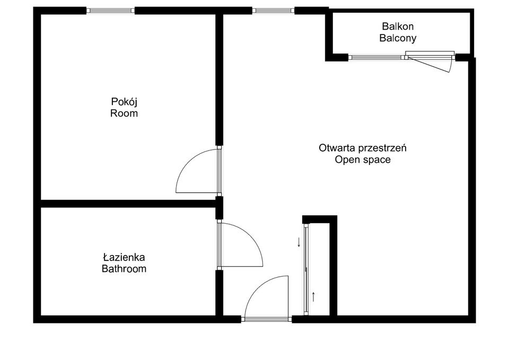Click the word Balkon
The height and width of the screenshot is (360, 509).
[x=398, y=26]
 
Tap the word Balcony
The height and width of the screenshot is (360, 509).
[x=398, y=38]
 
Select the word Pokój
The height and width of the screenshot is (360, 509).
[x=124, y=102]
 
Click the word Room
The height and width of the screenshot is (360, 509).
[x=124, y=113]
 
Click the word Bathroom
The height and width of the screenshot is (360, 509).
[x=124, y=269]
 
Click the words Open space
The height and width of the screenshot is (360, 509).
[x=363, y=160]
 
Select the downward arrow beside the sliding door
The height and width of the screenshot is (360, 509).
[x=299, y=242]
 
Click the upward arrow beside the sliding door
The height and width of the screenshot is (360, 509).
[x=313, y=297]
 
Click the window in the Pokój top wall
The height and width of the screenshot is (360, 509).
[x=111, y=11]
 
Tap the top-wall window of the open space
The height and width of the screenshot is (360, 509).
[x=274, y=11]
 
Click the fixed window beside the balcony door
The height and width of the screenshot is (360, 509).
[x=376, y=57]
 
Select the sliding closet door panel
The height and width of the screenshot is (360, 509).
[x=306, y=270]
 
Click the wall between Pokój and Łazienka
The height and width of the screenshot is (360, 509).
[x=128, y=204]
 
